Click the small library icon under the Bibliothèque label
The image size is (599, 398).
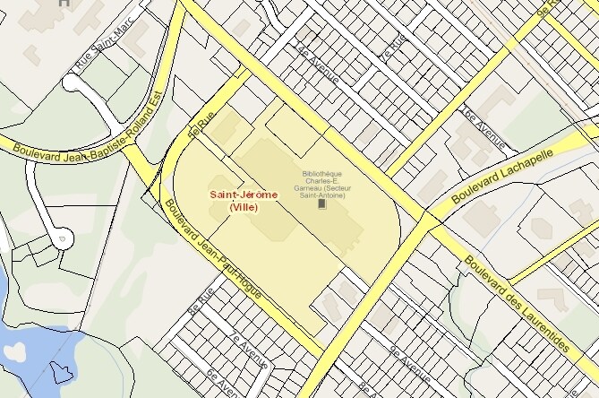pos(322,204)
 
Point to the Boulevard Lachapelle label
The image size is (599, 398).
pos(502,173)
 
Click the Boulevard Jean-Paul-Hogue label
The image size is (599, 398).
pos(219,248)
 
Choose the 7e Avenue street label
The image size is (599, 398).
pos(248,351)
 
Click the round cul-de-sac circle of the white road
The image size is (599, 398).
pos(61,238)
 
